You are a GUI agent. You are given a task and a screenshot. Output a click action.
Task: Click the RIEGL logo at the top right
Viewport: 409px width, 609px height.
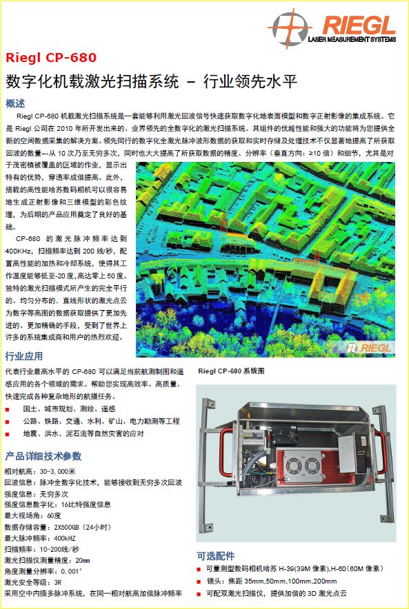[332, 28]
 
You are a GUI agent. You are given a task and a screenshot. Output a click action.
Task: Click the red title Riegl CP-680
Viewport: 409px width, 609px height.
[51, 57]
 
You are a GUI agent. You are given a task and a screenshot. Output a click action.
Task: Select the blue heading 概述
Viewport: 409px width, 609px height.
[15, 103]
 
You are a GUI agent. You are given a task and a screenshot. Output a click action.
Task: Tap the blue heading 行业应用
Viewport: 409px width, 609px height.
[24, 355]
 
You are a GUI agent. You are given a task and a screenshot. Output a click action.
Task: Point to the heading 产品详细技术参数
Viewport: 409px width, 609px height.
[43, 455]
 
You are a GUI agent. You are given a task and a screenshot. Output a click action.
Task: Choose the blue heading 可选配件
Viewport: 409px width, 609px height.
[216, 556]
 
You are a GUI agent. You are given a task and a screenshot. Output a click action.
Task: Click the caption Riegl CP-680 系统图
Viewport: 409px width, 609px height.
[231, 371]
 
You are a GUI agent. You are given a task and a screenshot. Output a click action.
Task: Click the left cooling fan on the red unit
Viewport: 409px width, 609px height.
[294, 466]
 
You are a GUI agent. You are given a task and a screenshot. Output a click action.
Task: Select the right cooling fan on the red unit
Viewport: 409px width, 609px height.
[312, 466]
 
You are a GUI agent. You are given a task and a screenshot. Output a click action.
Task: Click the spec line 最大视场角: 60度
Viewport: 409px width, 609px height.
[32, 516]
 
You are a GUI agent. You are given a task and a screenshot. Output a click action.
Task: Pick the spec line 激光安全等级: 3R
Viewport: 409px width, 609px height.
[33, 582]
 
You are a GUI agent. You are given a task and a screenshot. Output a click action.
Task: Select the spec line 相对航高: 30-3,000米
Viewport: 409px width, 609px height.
[40, 471]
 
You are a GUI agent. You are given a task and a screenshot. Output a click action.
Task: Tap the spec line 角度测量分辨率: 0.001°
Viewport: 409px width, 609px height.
[43, 571]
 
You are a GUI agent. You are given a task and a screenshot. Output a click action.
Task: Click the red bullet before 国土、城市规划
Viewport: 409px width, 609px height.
[8, 410]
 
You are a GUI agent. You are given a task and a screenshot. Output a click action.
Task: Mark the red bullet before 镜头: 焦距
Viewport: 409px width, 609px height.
[199, 582]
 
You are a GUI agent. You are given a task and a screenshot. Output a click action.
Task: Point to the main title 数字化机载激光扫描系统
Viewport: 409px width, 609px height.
[92, 81]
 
